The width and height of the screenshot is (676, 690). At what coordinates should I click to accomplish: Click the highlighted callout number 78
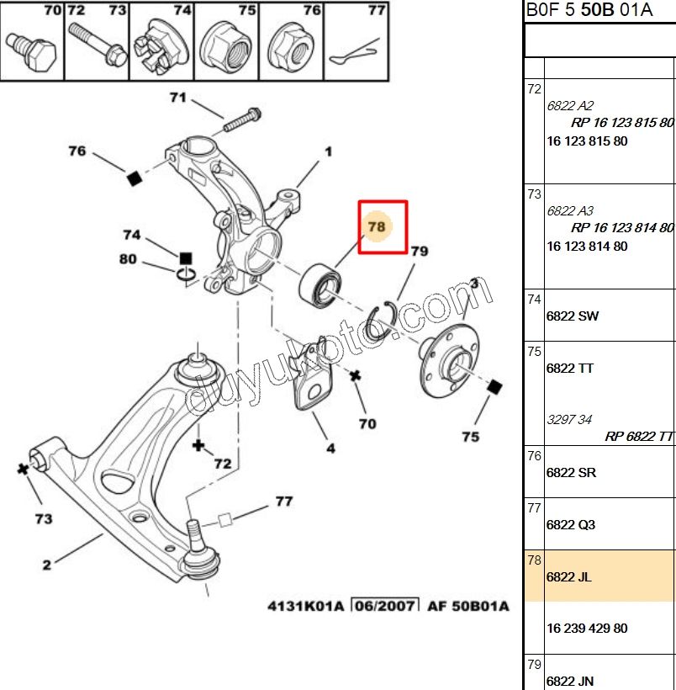(377, 226)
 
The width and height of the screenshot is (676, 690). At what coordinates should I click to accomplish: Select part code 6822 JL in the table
(568, 577)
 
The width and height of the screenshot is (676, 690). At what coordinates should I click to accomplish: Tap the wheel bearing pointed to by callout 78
(320, 285)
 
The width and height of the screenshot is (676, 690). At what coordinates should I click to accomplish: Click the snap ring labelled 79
(381, 321)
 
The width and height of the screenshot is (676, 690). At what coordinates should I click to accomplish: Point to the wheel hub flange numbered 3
(449, 360)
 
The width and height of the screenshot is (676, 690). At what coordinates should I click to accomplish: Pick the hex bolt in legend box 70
(32, 50)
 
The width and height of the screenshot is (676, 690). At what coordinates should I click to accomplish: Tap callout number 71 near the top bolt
(178, 98)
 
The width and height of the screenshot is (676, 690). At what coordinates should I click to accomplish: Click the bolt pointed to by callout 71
(242, 119)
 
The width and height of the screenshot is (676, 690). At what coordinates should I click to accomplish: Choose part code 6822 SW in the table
(573, 316)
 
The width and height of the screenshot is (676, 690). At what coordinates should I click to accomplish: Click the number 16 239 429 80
(587, 628)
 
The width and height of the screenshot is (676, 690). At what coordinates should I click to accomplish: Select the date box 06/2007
(385, 606)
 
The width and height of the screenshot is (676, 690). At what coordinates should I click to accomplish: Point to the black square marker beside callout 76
(135, 178)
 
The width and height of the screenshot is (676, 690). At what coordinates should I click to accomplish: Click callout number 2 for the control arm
(46, 565)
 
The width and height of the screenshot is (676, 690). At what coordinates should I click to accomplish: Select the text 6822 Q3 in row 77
(570, 524)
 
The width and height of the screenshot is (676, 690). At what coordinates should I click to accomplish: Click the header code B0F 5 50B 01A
(589, 10)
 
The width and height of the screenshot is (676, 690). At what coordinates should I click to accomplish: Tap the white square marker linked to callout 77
(225, 520)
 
